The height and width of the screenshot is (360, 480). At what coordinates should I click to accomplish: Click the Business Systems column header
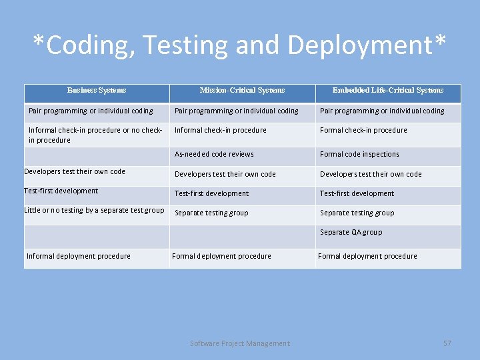click(97, 90)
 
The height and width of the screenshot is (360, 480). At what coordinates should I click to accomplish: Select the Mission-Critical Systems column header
click(242, 90)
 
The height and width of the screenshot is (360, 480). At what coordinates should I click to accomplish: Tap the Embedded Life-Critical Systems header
click(387, 90)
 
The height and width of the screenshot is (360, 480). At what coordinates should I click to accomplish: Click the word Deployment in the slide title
click(361, 45)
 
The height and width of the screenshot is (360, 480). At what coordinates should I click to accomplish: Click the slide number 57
click(447, 343)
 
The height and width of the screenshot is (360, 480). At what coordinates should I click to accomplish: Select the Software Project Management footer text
click(240, 343)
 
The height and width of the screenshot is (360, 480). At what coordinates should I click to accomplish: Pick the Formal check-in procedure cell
click(363, 130)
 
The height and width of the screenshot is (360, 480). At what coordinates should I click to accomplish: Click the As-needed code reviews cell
click(214, 154)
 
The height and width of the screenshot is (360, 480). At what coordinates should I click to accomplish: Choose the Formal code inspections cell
click(359, 154)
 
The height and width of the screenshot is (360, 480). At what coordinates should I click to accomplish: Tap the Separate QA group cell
click(351, 232)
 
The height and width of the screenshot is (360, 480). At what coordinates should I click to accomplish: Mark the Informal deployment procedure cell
click(79, 256)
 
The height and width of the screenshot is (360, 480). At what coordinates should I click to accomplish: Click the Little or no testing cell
click(94, 210)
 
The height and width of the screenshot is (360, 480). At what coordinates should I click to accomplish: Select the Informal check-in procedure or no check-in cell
click(95, 135)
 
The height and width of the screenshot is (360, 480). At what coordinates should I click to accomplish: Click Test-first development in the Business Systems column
click(61, 191)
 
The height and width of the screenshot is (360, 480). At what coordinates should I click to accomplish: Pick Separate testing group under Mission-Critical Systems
click(211, 213)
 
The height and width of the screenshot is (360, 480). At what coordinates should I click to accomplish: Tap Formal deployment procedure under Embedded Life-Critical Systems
click(367, 256)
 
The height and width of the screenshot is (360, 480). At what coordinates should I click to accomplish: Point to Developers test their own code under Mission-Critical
click(225, 174)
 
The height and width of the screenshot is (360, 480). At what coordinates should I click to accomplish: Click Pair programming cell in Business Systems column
click(91, 111)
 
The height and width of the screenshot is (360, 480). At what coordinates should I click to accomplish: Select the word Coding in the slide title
click(83, 45)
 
